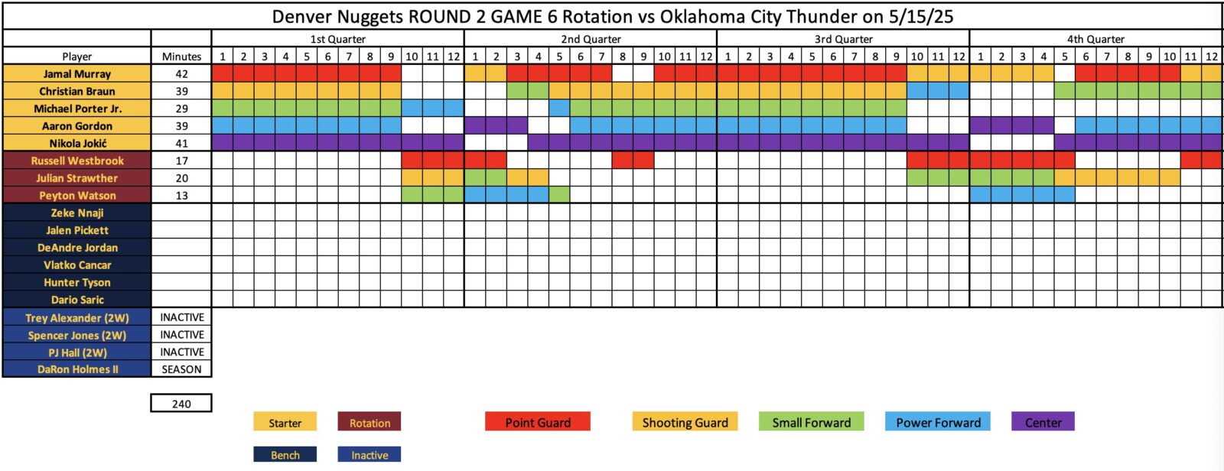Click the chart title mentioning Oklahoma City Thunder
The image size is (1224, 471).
click(613, 16)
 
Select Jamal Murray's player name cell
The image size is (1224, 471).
click(77, 73)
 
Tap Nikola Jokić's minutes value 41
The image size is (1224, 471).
click(181, 143)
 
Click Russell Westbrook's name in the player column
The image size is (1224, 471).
click(77, 161)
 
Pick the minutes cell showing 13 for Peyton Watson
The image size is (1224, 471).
click(181, 196)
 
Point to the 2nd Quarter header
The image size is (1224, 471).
click(591, 39)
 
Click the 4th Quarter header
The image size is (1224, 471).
click(1095, 39)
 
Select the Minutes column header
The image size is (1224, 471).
click(181, 57)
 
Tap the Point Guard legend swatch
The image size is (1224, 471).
click(538, 422)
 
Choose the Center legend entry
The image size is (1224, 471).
click(1043, 422)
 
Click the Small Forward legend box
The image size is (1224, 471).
click(812, 422)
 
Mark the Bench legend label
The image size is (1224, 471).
click(285, 455)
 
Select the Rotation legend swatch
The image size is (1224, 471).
click(369, 422)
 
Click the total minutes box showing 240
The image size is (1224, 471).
click(181, 403)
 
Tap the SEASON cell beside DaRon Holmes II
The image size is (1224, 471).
click(181, 369)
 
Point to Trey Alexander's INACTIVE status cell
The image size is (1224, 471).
click(181, 317)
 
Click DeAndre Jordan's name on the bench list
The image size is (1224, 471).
click(77, 248)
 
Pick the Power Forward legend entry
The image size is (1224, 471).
click(938, 422)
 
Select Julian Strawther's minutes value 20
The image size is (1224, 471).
click(181, 178)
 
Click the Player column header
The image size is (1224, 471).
click(77, 57)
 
